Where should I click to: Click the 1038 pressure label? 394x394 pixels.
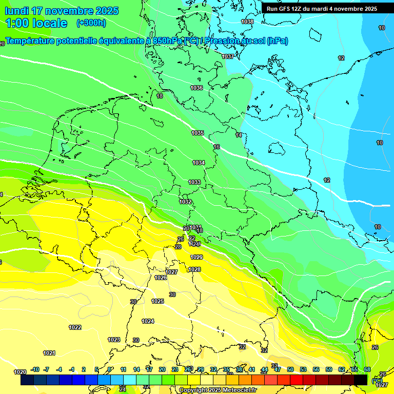(247, 22)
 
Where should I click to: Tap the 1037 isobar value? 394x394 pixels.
(228, 56)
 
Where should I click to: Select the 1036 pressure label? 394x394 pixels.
(196, 88)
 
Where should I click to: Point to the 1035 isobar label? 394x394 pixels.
(198, 133)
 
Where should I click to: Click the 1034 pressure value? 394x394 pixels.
(199, 163)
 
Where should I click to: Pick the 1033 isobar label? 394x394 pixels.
(194, 182)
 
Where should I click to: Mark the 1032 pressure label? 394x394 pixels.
(185, 202)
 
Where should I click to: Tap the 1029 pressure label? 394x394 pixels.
(196, 257)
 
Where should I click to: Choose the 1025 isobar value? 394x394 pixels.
(157, 301)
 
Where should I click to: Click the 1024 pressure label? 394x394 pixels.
(148, 321)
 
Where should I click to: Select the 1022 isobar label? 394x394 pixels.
(75, 327)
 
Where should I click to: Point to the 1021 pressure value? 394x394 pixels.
(49, 353)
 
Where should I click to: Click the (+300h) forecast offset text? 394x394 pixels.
(91, 23)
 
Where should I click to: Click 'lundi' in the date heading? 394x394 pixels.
(16, 11)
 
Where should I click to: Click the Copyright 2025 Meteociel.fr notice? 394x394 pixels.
(218, 390)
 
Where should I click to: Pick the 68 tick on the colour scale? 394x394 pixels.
(367, 369)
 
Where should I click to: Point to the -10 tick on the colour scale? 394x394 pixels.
(35, 369)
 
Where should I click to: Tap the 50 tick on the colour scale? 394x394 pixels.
(290, 369)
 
